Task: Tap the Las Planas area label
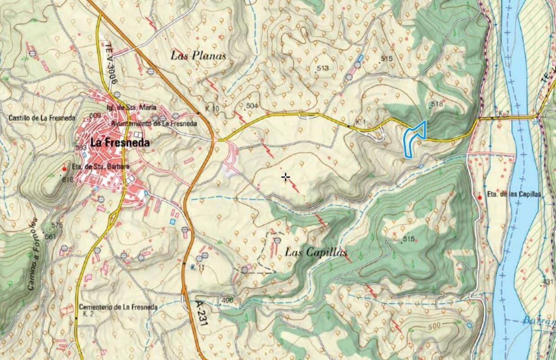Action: [198, 55]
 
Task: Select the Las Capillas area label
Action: [316, 252]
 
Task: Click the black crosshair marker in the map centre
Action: [286, 178]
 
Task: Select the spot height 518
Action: [436, 104]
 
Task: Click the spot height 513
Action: [322, 68]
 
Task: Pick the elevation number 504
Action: [252, 106]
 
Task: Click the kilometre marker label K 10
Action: [212, 109]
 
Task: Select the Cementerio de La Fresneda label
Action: [117, 307]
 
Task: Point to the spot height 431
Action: [547, 282]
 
